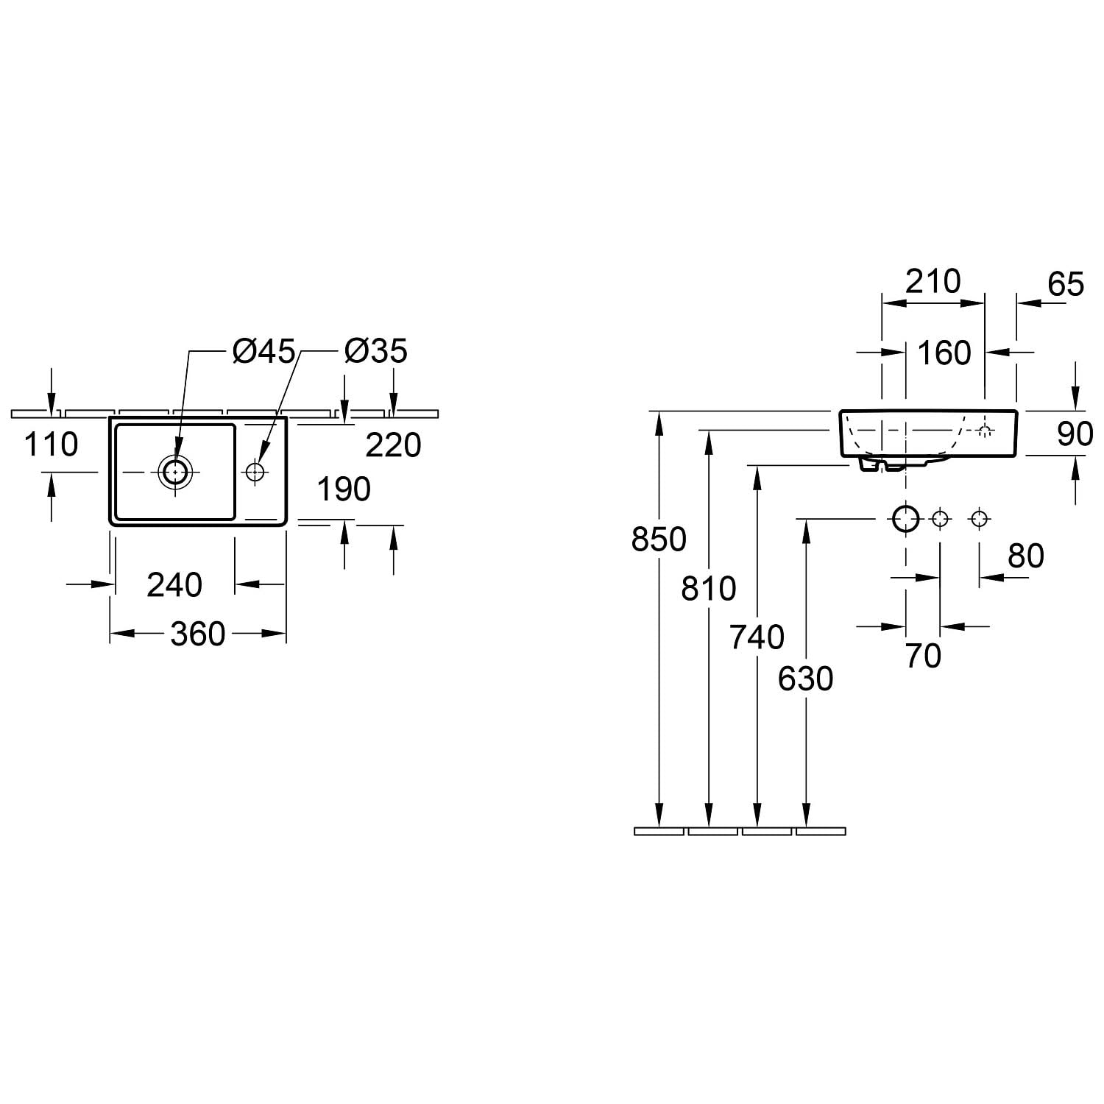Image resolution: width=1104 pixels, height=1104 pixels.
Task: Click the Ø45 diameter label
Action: pos(263,351)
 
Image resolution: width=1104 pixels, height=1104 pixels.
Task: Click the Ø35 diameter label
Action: pos(375,351)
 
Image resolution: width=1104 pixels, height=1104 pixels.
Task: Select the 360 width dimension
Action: pos(197,634)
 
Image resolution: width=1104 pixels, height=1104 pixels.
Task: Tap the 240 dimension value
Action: pos(174,585)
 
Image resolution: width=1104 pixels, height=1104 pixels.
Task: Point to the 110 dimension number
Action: pos(52,445)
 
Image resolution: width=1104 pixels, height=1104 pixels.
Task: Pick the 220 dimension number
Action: pos(393,445)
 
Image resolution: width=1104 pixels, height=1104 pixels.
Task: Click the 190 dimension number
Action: pos(344,489)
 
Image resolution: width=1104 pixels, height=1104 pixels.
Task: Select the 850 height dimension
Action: pos(659,539)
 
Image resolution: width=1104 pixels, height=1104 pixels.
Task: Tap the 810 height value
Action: pos(708,589)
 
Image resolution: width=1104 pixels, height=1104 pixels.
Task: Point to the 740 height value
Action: pos(757,637)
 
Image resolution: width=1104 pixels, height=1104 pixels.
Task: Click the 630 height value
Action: pos(806,679)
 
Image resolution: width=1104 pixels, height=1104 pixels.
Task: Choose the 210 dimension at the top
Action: pos(933,281)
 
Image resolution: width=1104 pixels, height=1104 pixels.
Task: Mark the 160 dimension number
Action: pos(945,353)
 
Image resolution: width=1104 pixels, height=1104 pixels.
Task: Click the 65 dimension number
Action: pos(1066,284)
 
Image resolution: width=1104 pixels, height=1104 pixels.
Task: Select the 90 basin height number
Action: pos(1075,434)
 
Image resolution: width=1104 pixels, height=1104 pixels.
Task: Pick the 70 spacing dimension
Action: pos(923,656)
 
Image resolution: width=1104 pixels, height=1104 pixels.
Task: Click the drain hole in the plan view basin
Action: pos(175,471)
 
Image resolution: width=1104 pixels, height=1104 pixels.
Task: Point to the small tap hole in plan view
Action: pos(255,471)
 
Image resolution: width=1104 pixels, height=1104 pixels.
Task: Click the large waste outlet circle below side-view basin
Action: pos(906,519)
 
